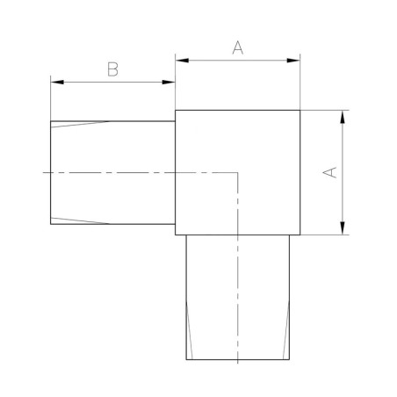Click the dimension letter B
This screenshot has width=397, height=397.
pyautogui.click(x=112, y=70)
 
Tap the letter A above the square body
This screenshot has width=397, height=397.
pyautogui.click(x=237, y=48)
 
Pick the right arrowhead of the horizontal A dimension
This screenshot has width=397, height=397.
pyautogui.click(x=295, y=61)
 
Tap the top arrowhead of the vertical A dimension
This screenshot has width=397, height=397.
pyautogui.click(x=342, y=115)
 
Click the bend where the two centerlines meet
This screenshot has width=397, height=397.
pyautogui.click(x=238, y=172)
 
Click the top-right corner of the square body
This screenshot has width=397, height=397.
pyautogui.click(x=300, y=110)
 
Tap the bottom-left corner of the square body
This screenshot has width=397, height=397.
pyautogui.click(x=176, y=235)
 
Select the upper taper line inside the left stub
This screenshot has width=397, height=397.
pyautogui.click(x=81, y=124)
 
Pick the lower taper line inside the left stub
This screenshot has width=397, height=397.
pyautogui.click(x=81, y=220)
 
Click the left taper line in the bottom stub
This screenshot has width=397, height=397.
pyautogui.click(x=190, y=329)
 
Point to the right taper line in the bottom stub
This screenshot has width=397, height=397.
pyautogui.click(x=286, y=329)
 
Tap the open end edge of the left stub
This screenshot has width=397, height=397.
pyautogui.click(x=51, y=172)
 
